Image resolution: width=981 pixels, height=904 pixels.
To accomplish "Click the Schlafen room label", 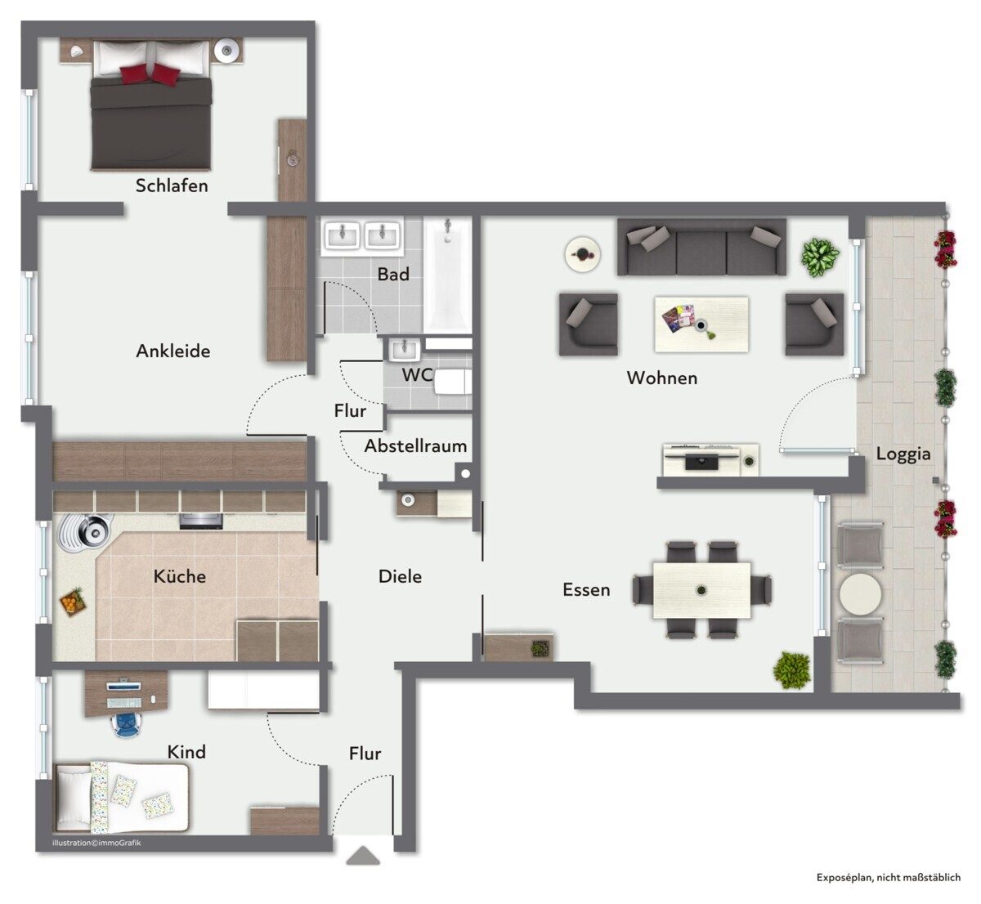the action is [x=172, y=186].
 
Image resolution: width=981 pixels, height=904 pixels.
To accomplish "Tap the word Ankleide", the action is [x=173, y=351].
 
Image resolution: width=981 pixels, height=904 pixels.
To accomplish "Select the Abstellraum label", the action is [x=415, y=445].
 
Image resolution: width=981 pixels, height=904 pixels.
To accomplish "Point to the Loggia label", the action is [x=903, y=454].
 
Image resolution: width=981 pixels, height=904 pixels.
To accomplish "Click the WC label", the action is [x=418, y=374].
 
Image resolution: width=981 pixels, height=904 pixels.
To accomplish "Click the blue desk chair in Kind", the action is [x=129, y=723].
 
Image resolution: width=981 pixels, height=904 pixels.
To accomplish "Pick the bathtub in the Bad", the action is [x=447, y=275].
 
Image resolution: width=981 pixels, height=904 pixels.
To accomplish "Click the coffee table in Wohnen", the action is [x=701, y=324].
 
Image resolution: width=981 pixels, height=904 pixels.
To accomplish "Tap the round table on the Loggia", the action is [x=860, y=594].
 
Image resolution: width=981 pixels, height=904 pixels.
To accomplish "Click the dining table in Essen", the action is [x=701, y=590].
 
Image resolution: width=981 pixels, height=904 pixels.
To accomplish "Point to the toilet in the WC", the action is [x=454, y=382].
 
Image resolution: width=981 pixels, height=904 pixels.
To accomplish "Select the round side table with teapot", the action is [x=582, y=254].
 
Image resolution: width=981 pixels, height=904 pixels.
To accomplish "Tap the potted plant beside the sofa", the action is [x=820, y=257].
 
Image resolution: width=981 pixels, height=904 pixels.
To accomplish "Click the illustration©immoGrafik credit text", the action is [x=96, y=843].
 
